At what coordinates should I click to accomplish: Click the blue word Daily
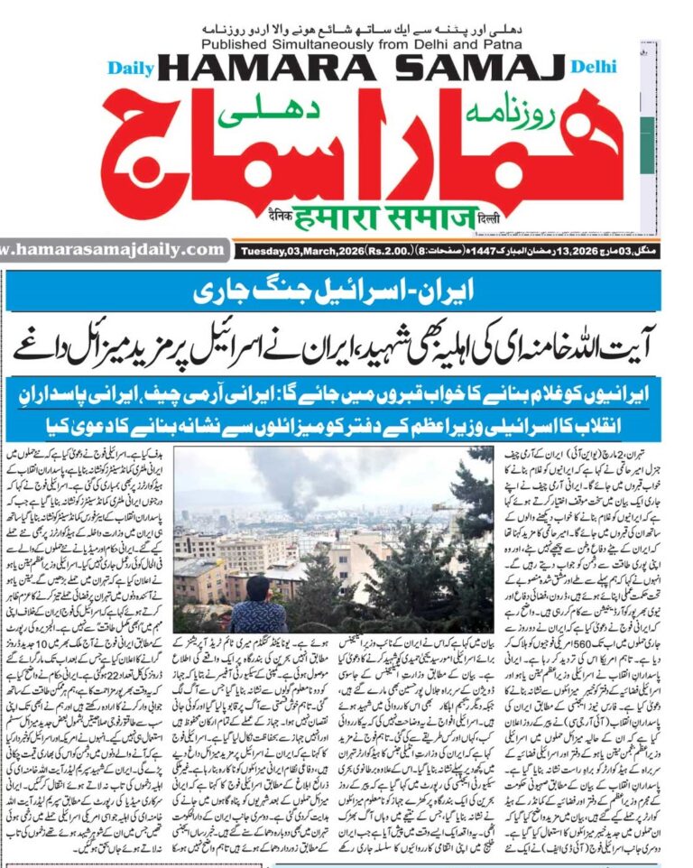coord(134,69)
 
